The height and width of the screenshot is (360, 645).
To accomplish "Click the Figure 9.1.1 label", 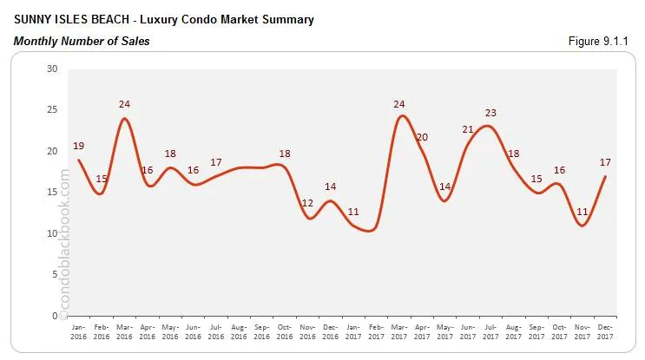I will pyautogui.click(x=602, y=41).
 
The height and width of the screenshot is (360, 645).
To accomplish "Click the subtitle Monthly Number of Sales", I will pyautogui.click(x=82, y=41).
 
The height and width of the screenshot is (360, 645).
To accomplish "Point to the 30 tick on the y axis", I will pyautogui.click(x=53, y=69).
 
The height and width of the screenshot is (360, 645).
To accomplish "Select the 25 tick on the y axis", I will pyautogui.click(x=53, y=110).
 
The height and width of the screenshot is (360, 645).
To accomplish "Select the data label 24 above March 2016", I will pyautogui.click(x=124, y=105).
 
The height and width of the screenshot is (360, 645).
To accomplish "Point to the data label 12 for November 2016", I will pyautogui.click(x=307, y=203).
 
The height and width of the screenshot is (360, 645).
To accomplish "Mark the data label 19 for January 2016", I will pyautogui.click(x=79, y=146).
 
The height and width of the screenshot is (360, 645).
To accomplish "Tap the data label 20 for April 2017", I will pyautogui.click(x=423, y=137).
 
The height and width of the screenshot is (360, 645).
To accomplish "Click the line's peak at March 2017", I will pyautogui.click(x=399, y=116).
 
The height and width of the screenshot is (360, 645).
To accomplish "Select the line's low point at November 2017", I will pyautogui.click(x=582, y=226).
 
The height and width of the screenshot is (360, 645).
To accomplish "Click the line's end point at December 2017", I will pyautogui.click(x=604, y=176).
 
